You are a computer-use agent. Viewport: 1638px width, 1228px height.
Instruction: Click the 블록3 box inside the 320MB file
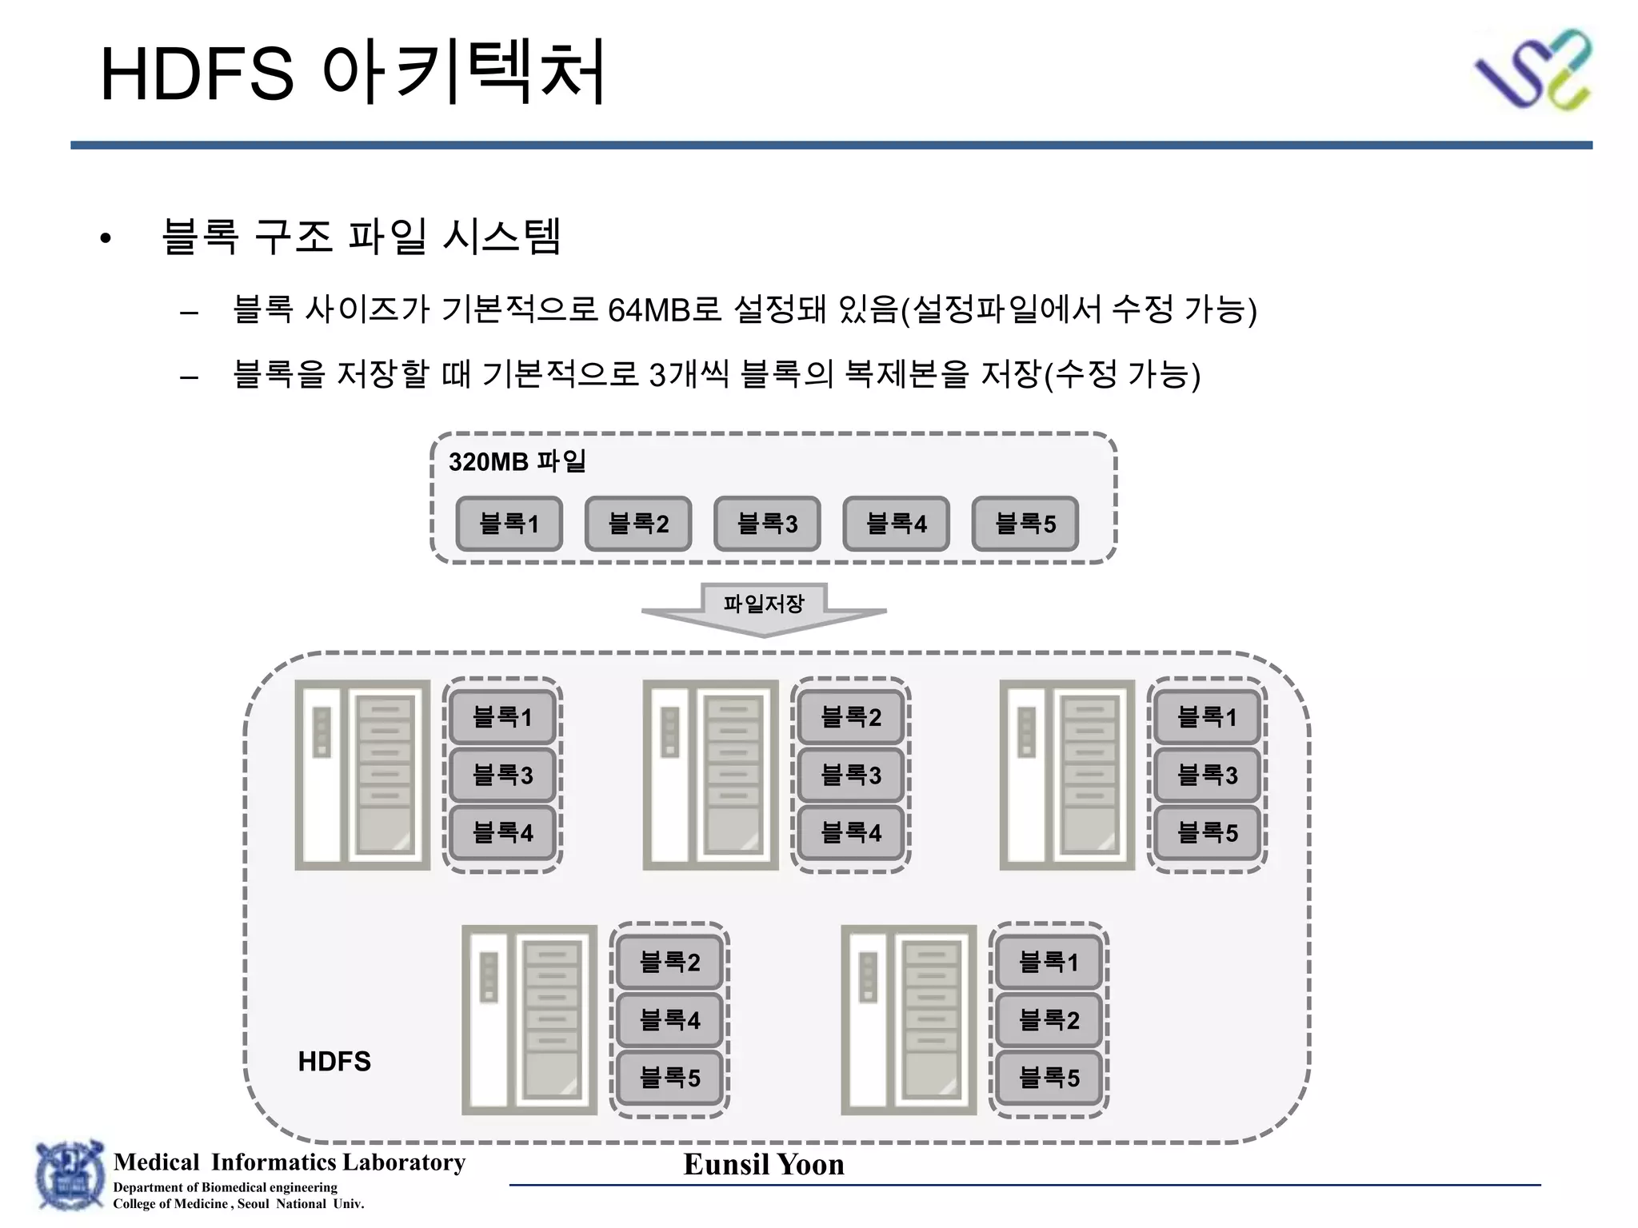click(767, 524)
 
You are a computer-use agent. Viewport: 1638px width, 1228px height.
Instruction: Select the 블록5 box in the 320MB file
click(1025, 524)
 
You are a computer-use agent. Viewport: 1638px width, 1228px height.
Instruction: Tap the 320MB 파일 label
click(517, 461)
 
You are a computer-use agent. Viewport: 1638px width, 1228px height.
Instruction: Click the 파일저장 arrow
click(764, 608)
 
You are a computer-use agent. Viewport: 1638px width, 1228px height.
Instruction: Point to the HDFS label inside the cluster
click(334, 1061)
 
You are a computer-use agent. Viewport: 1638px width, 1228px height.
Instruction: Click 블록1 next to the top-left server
click(502, 716)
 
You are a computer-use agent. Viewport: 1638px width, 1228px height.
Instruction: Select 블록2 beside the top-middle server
click(851, 716)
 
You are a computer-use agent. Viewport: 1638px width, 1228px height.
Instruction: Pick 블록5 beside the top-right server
click(1207, 832)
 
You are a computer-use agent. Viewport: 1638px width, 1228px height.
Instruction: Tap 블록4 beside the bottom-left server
click(669, 1019)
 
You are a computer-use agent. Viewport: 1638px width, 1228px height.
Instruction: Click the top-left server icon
click(362, 775)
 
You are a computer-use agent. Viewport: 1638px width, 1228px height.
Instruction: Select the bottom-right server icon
click(909, 1019)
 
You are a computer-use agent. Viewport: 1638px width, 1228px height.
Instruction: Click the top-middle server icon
click(710, 775)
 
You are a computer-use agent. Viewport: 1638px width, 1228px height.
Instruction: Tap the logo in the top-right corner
click(1533, 70)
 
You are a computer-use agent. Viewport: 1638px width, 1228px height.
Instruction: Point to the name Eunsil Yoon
click(764, 1164)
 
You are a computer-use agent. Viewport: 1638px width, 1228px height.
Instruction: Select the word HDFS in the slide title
click(197, 74)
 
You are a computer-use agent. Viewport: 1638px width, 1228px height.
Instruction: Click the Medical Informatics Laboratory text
click(290, 1162)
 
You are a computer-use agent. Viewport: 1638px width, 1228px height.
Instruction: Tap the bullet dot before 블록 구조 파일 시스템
click(105, 238)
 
